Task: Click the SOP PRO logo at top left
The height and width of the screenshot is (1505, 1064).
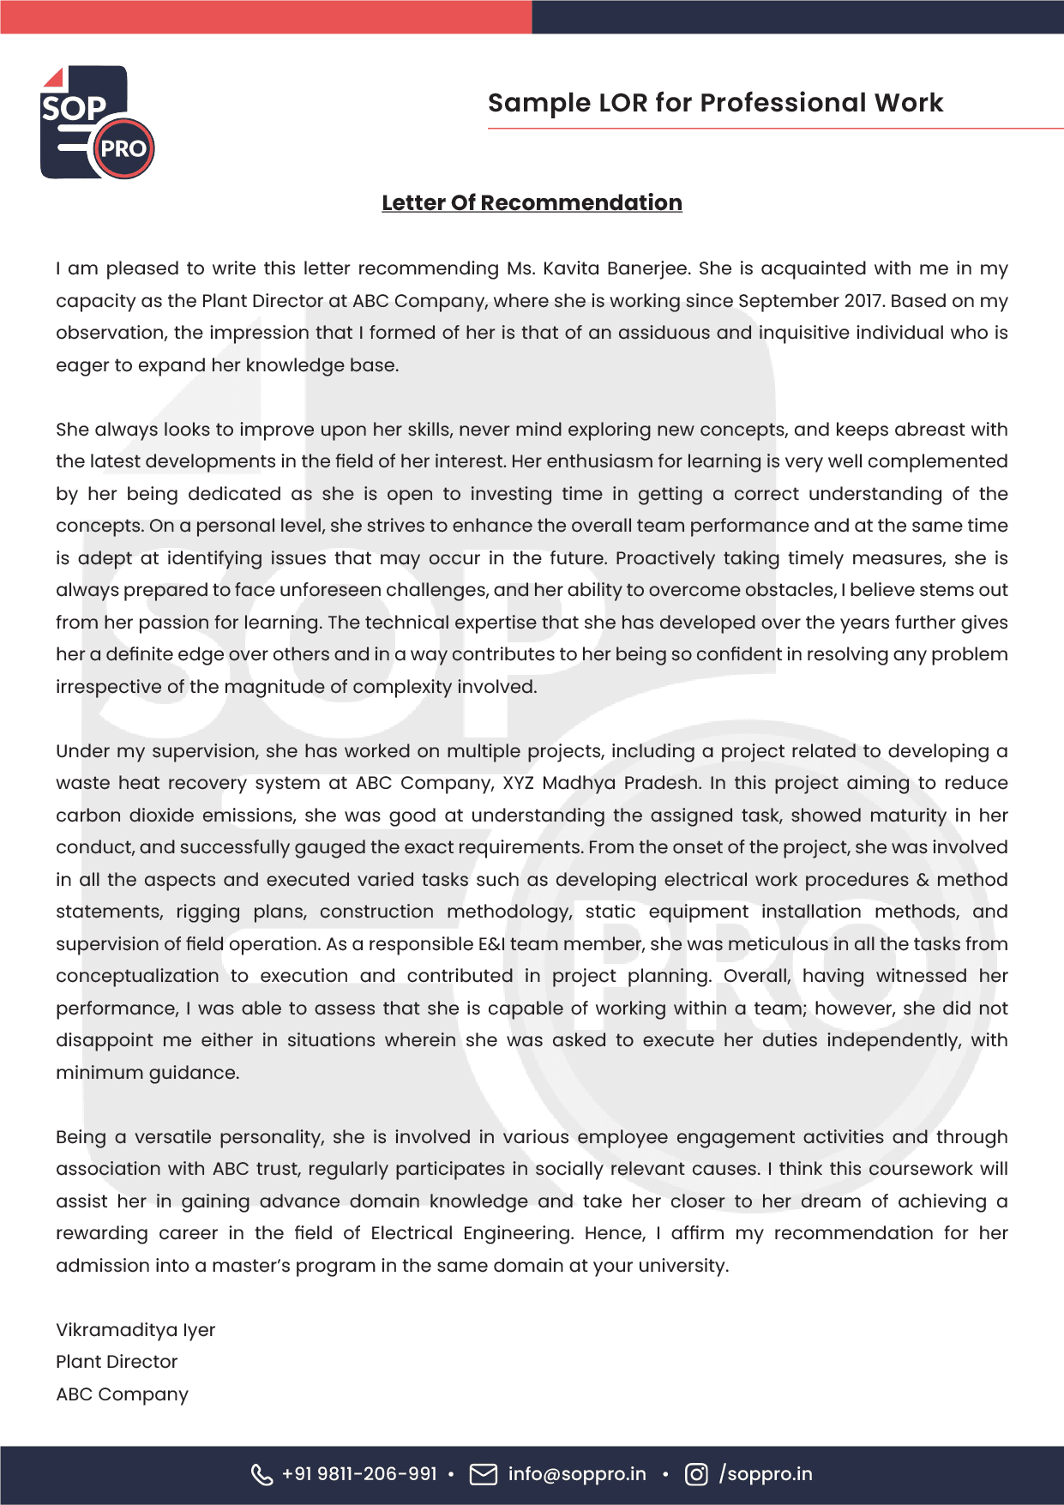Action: (97, 123)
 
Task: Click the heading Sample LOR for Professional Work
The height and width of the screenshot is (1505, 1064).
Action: (715, 103)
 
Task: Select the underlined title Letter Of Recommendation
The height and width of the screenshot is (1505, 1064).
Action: (532, 203)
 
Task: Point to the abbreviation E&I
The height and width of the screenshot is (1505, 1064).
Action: (491, 944)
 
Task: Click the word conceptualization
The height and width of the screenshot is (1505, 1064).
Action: (137, 976)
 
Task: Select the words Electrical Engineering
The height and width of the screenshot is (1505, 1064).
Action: (472, 1233)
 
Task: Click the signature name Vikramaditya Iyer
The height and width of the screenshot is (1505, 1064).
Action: (135, 1330)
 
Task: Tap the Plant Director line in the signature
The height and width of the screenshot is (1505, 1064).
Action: (117, 1362)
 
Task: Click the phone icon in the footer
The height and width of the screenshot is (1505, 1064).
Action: (261, 1474)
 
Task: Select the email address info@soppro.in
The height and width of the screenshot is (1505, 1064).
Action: (577, 1474)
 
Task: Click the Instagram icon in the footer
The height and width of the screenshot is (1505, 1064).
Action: (696, 1474)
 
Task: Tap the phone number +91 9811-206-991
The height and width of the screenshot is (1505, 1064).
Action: (359, 1474)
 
